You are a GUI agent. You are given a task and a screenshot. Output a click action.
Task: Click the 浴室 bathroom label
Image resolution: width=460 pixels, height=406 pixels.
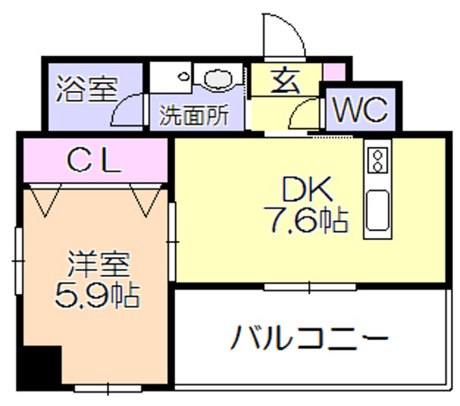coord(87,88)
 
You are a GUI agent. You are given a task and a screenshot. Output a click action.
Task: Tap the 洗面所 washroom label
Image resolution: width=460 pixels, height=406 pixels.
coord(194,115)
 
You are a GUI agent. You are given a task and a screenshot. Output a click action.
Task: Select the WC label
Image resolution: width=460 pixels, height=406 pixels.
coord(361,109)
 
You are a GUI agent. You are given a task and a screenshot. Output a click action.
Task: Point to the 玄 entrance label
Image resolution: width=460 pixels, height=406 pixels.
coord(286,81)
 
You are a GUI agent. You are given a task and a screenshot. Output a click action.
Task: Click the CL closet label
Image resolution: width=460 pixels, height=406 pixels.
coord(94,161)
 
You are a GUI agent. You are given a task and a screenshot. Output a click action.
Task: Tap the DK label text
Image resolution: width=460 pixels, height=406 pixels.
coord(307,189)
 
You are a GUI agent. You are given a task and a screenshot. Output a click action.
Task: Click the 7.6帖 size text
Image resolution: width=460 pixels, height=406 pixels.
coord(306,220)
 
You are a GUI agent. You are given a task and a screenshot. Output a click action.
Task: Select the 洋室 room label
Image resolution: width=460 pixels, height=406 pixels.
coord(98,264)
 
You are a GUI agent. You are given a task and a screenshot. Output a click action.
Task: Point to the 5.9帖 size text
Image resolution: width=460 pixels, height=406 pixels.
coord(97,295)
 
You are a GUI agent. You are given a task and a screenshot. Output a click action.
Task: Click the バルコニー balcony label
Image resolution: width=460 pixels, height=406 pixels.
coord(309,337)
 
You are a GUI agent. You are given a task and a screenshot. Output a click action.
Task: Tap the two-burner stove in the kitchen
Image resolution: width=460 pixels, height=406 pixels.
coord(378,160)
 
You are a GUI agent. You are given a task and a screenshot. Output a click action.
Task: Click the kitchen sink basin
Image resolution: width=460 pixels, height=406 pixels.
coord(378,210)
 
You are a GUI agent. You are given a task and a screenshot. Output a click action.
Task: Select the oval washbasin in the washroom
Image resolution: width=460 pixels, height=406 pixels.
coord(218,78)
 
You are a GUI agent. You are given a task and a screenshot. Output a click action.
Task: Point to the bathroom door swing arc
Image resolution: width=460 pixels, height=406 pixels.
coord(119,104)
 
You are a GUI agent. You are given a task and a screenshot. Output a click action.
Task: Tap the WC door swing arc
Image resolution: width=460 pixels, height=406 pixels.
coord(296,107)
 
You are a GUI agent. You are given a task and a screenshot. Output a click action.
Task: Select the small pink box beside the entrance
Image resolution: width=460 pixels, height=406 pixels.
coord(334,72)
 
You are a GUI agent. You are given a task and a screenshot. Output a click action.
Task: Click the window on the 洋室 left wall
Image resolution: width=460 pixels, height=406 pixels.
coord(19,261)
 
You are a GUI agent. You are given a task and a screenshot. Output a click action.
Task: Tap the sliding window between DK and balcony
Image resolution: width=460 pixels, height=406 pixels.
coord(310,287)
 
